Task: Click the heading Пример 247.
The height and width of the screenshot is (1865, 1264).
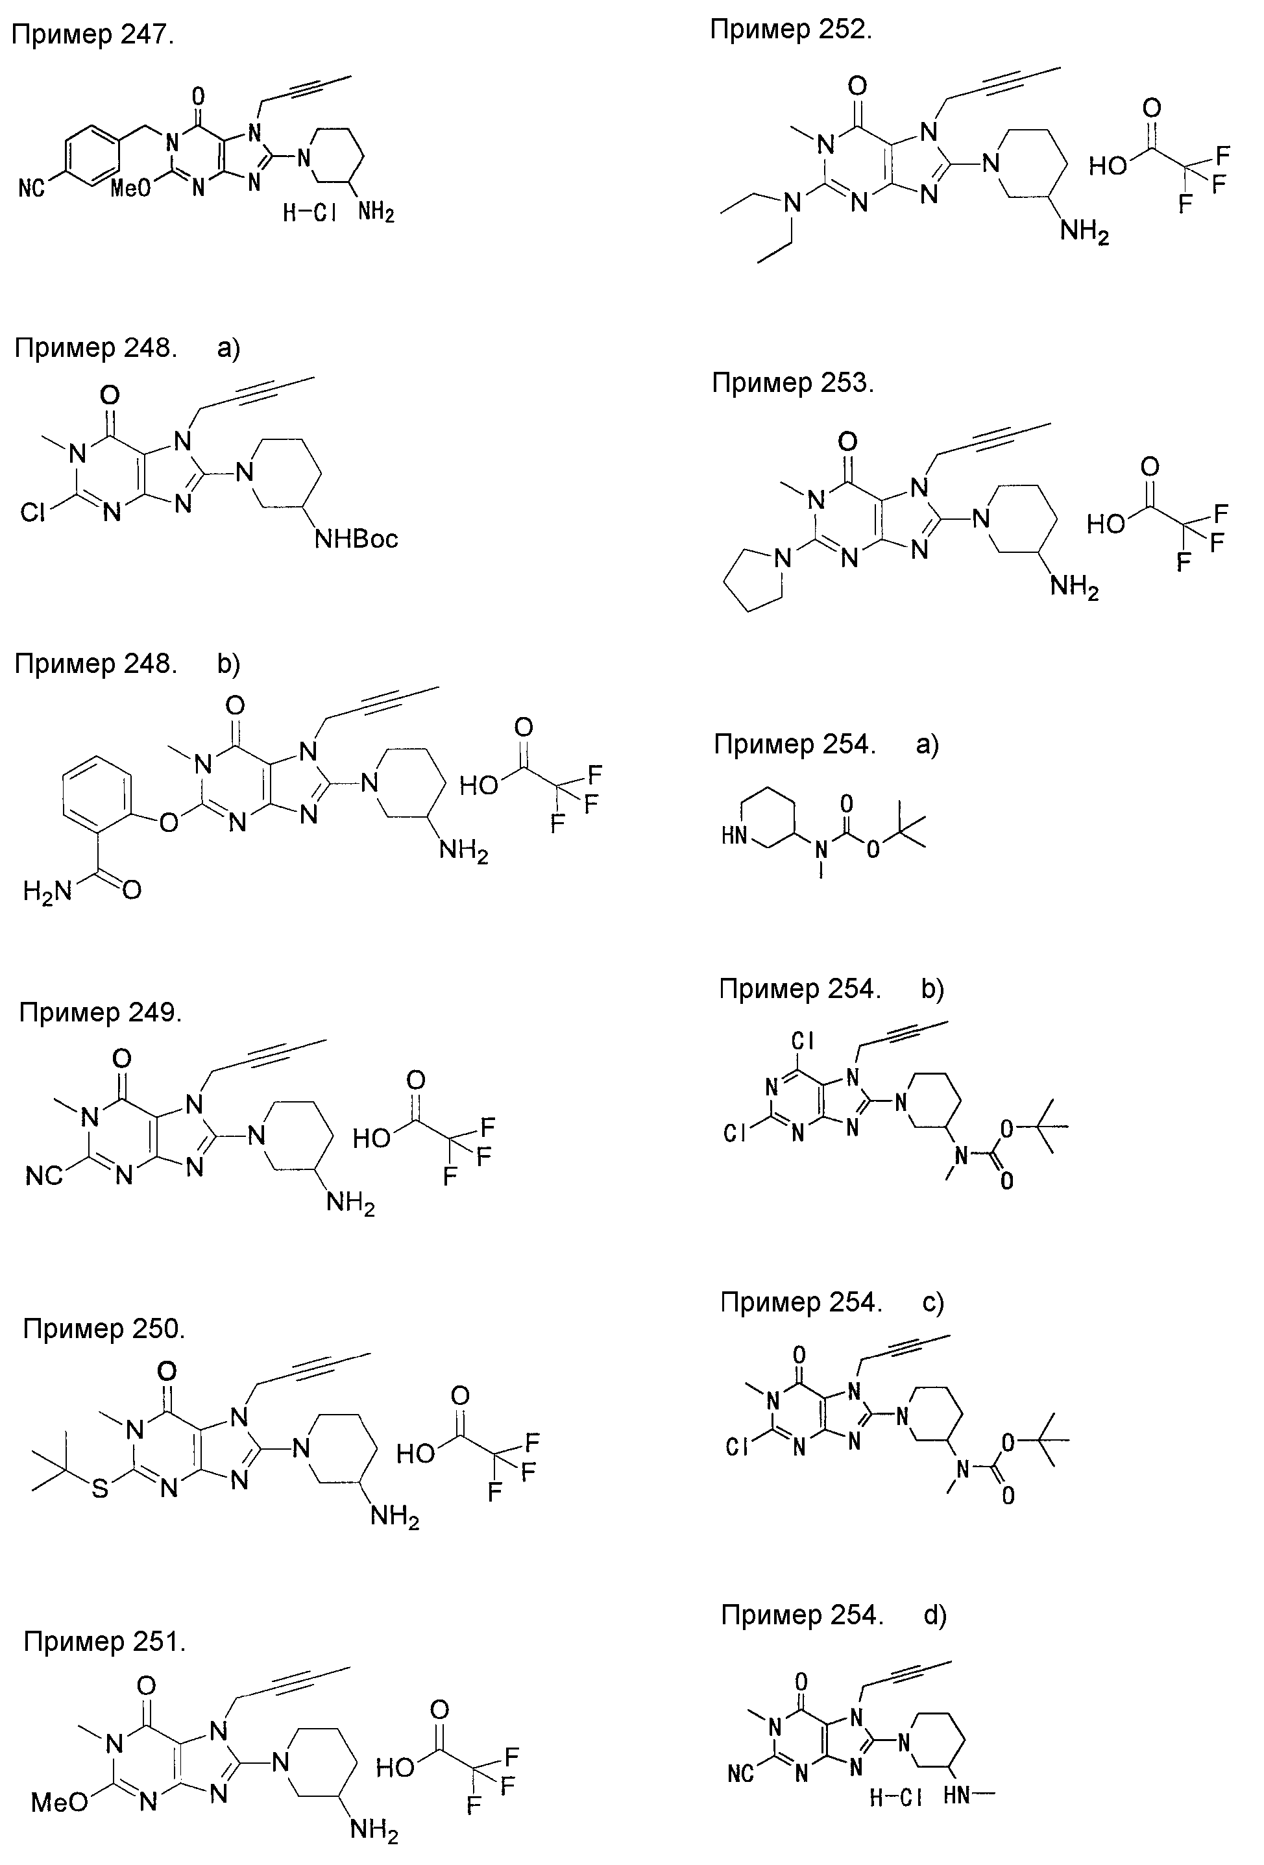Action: [x=92, y=35]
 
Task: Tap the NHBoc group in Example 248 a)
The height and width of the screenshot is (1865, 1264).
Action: [x=356, y=539]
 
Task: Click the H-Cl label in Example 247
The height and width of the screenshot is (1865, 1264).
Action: [x=309, y=213]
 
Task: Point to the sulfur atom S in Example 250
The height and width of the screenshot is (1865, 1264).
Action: [x=99, y=1489]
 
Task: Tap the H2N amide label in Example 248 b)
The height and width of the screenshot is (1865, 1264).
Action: [x=47, y=891]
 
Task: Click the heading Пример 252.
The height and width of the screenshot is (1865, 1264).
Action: [x=790, y=30]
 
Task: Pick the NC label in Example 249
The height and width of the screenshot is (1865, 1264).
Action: [x=44, y=1176]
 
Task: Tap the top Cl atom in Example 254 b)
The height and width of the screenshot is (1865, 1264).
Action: [x=803, y=1041]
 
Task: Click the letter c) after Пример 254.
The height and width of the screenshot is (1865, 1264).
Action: [x=932, y=1302]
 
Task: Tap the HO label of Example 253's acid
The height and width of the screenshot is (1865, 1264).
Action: [x=1106, y=524]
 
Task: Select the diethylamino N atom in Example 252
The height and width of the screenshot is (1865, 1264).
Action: [x=792, y=204]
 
